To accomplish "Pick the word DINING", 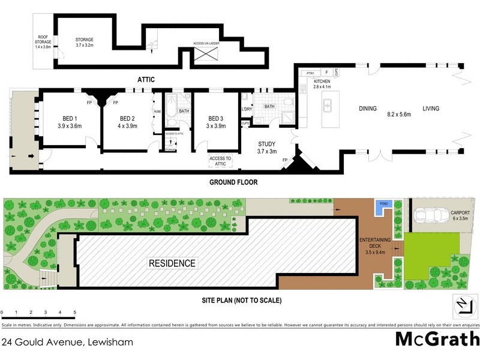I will [x=368, y=109].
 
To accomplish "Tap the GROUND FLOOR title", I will [x=233, y=182].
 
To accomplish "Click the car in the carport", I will [x=430, y=214].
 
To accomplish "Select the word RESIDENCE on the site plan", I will [x=172, y=263].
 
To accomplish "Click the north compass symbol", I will [x=460, y=305].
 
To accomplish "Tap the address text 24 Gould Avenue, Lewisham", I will [x=67, y=343].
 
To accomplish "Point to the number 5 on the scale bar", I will [x=75, y=313].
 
